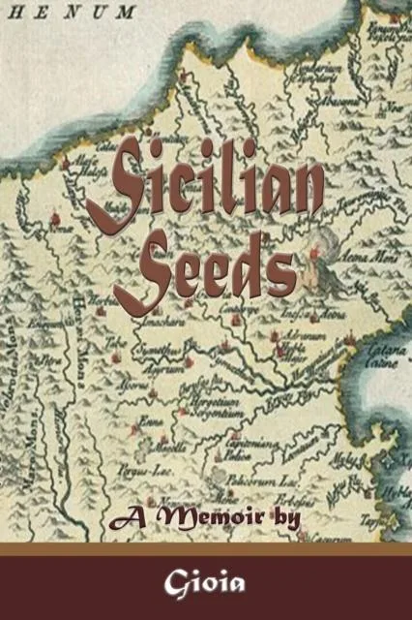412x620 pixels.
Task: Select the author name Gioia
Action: point(205,585)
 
